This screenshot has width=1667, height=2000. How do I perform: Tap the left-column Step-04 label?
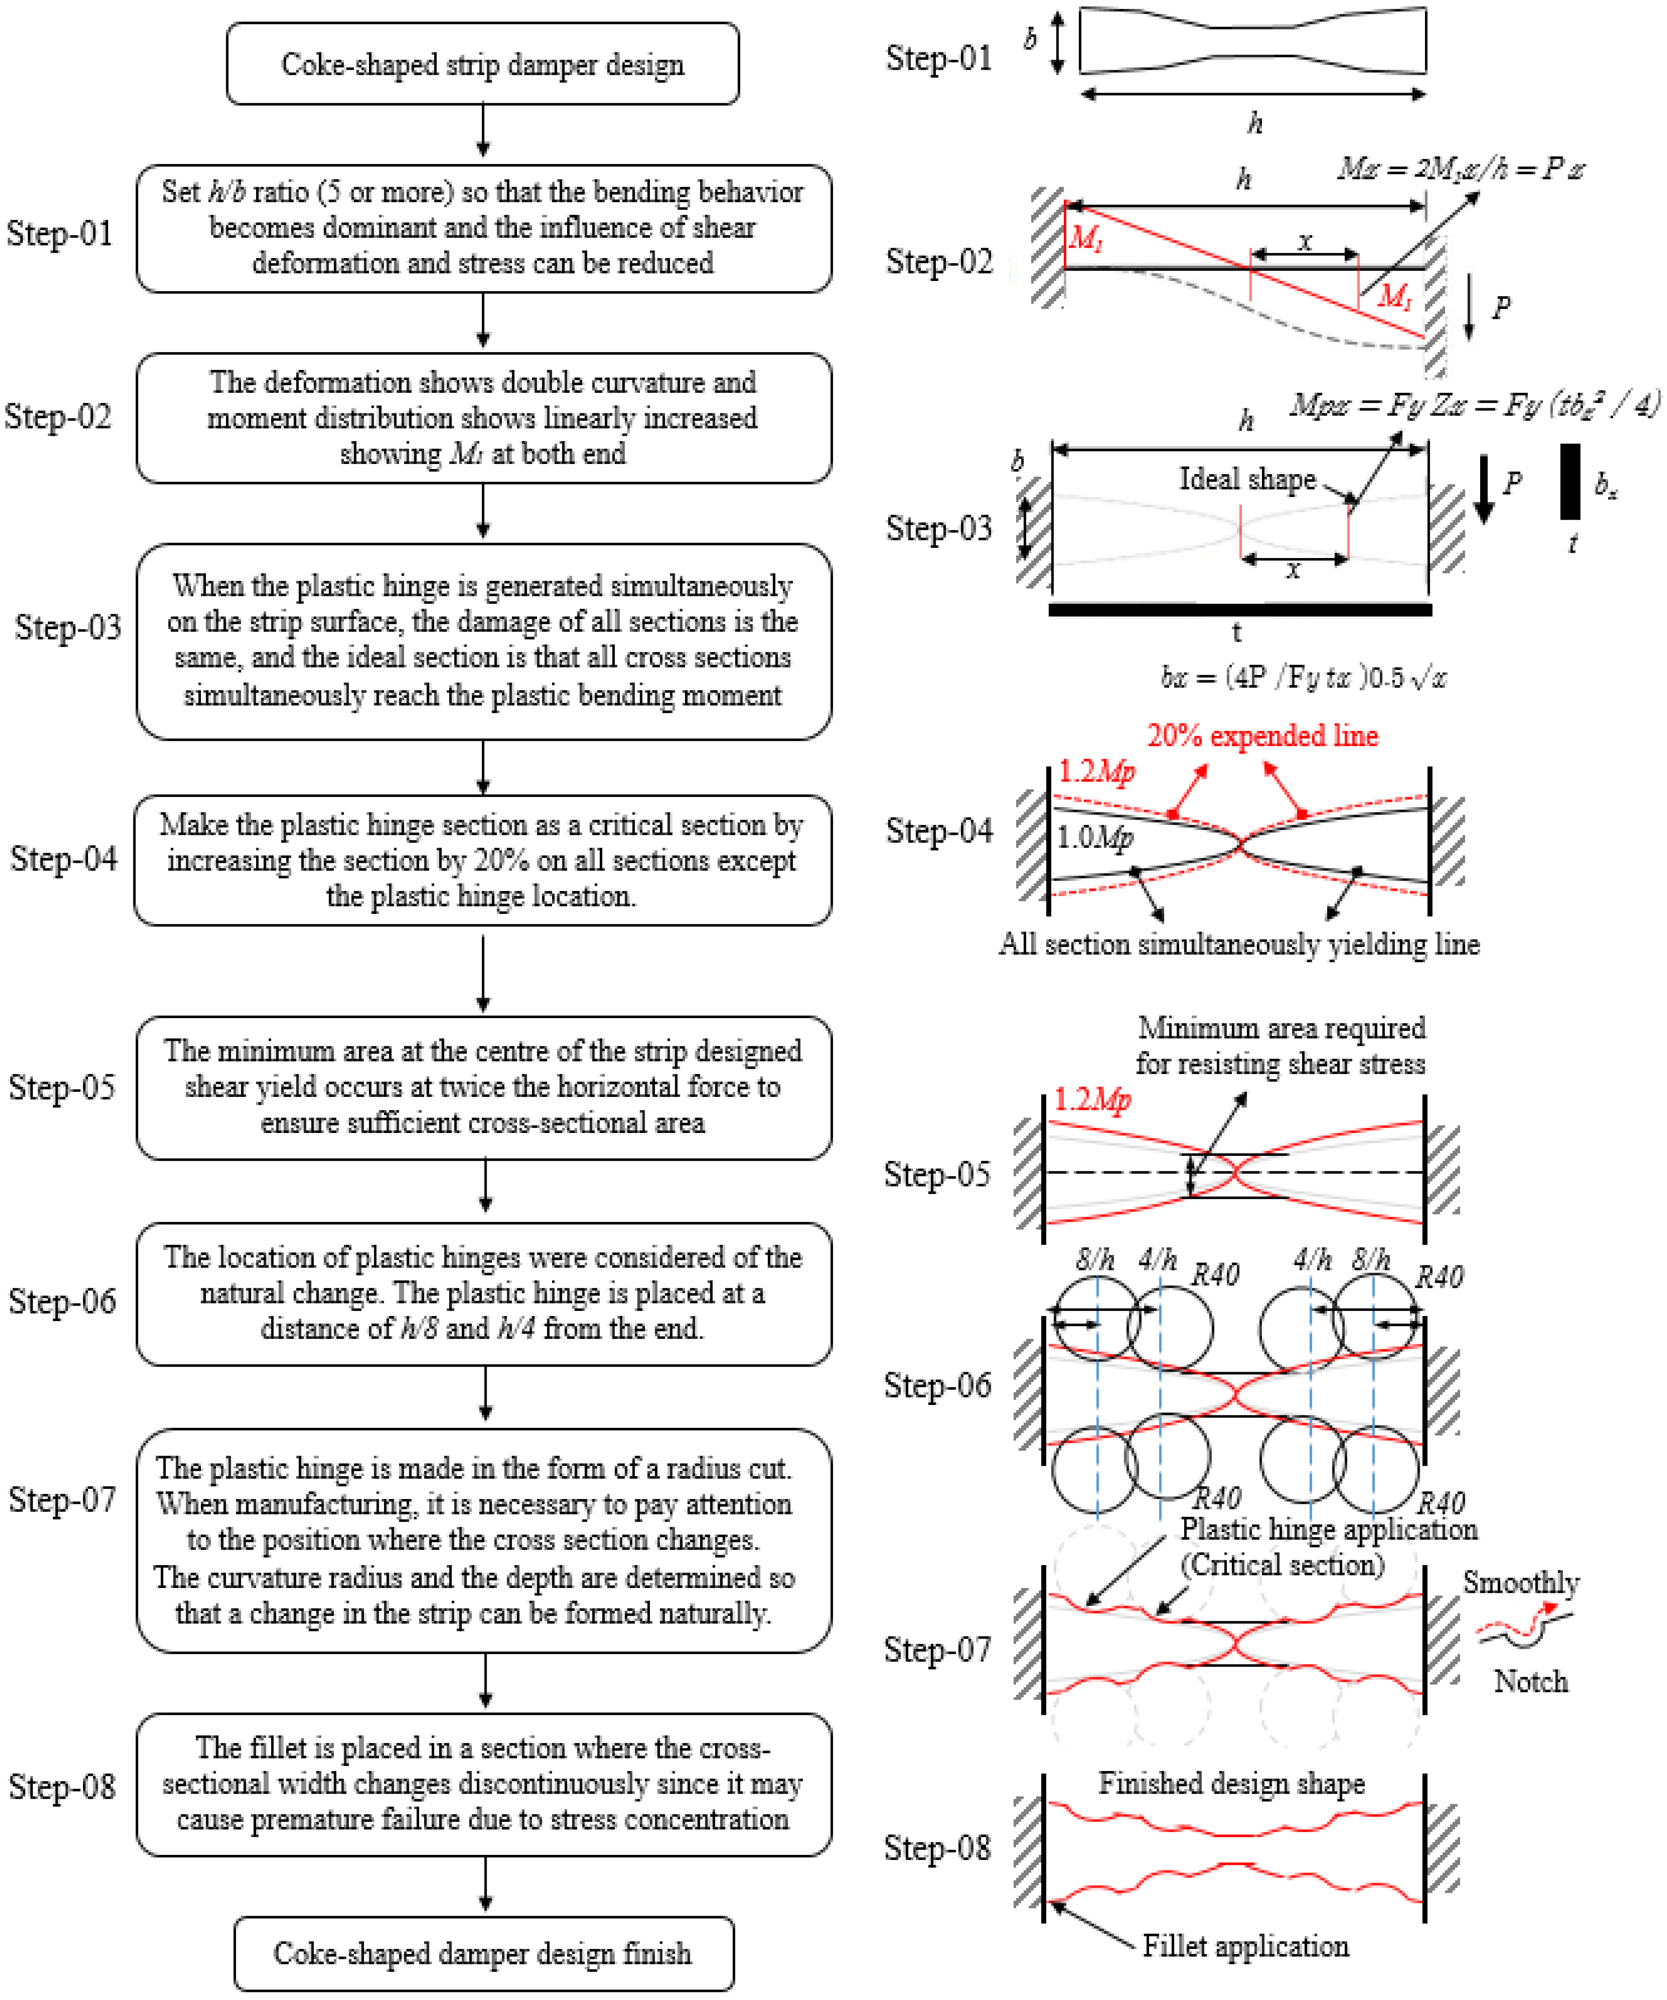[x=63, y=858]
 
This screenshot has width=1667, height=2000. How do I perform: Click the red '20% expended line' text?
[x=1262, y=735]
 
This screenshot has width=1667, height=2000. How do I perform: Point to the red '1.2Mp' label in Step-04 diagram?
[x=1096, y=771]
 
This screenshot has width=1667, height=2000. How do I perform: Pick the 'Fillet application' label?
[x=1245, y=1946]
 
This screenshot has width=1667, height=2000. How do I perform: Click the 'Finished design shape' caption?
[x=1231, y=1783]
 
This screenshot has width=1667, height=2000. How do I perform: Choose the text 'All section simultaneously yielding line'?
[x=1239, y=944]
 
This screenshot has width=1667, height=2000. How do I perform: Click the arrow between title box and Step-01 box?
[x=483, y=132]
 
